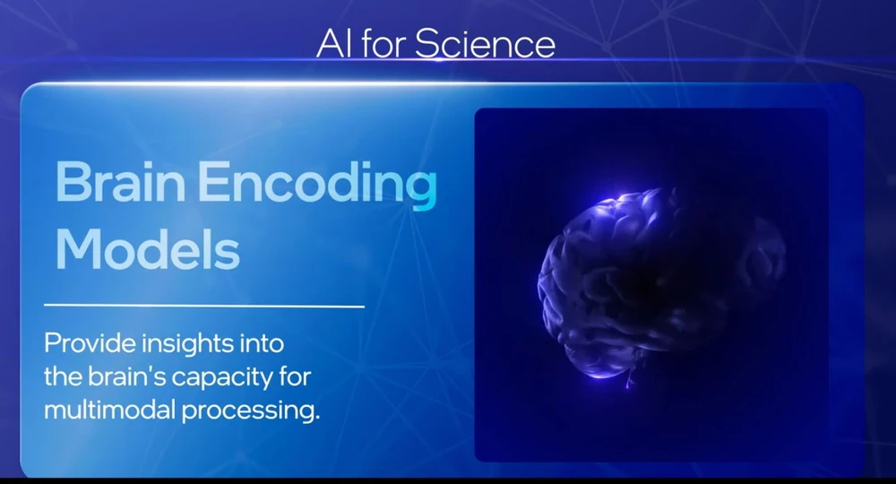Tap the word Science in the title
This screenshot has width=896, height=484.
coord(485,43)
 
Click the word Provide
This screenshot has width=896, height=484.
coord(90,343)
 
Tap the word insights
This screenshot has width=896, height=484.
coord(188,344)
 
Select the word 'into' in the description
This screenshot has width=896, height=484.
coord(263,343)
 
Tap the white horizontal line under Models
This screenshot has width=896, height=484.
coord(204,306)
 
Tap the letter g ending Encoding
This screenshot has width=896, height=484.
coord(422,193)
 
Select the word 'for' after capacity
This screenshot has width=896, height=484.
coord(296,376)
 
